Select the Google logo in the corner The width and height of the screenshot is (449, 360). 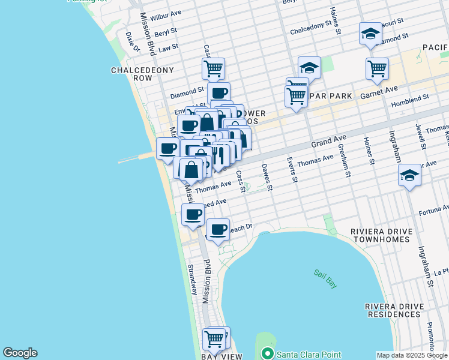coord(20,353)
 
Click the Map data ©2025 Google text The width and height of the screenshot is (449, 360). coord(412,355)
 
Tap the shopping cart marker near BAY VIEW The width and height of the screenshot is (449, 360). coord(215,339)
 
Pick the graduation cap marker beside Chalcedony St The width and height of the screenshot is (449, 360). coord(370,34)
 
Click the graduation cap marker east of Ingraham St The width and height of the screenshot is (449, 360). coord(409,175)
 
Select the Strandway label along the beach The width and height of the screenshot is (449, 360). coord(192,279)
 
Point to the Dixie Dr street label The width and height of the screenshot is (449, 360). coord(132,41)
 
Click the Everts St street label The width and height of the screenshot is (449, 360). coord(290,169)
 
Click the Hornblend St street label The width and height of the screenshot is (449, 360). coord(409,96)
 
